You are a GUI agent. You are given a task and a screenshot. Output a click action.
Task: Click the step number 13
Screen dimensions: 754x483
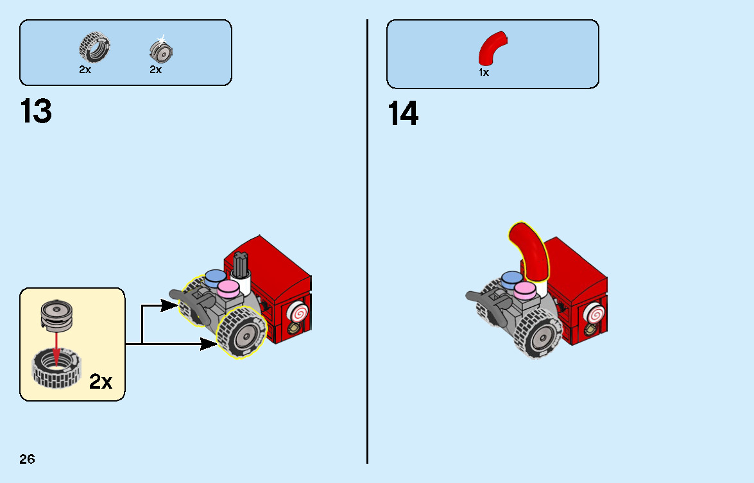tap(36, 111)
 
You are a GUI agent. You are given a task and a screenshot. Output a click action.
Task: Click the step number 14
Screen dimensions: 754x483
tap(403, 114)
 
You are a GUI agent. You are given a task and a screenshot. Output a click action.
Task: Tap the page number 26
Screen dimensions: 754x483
tap(28, 459)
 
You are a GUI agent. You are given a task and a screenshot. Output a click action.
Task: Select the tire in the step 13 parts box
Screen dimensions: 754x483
tap(95, 47)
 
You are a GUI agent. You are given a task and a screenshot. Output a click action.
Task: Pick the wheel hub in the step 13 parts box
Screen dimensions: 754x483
tap(161, 50)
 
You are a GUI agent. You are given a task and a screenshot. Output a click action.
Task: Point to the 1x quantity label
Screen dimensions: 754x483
tap(484, 72)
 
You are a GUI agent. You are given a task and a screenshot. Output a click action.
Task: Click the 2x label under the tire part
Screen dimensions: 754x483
tap(85, 70)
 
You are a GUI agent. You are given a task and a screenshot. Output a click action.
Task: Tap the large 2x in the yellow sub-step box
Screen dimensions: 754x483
tap(101, 382)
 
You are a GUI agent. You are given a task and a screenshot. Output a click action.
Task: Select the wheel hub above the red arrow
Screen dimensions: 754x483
tap(56, 316)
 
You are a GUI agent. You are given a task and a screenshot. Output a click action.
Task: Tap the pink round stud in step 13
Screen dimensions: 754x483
tap(228, 289)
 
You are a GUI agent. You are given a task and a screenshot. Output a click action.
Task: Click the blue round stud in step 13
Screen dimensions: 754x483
tap(216, 278)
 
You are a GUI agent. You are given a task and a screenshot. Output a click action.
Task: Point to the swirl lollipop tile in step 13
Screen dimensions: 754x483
tap(298, 314)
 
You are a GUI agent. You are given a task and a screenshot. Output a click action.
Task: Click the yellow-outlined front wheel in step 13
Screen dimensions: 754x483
tap(241, 332)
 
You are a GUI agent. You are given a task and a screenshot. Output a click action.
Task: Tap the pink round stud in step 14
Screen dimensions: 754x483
tap(525, 290)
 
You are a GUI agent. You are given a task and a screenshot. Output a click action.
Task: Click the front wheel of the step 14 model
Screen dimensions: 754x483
tap(538, 334)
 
